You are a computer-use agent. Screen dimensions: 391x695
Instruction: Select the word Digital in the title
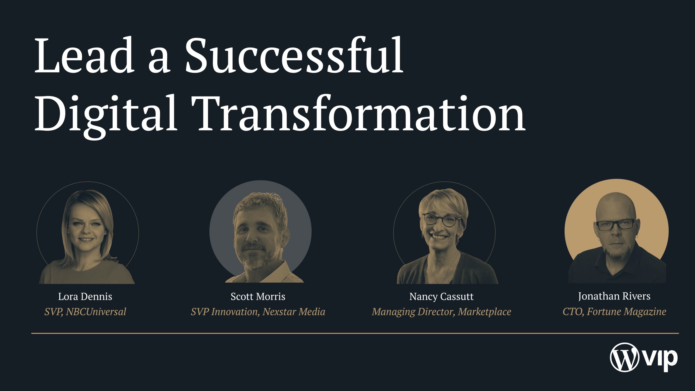tap(106, 114)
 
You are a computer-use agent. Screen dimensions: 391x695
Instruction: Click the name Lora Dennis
tap(85, 296)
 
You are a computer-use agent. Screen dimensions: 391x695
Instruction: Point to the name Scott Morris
tap(258, 296)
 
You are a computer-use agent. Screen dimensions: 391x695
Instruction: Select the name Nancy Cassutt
tap(441, 296)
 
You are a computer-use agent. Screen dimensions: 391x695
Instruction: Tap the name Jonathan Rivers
tap(614, 296)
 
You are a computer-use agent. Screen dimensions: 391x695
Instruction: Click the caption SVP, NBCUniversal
tap(85, 312)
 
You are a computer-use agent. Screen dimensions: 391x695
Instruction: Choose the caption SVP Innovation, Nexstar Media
tap(258, 312)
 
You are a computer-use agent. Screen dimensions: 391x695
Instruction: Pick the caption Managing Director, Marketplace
tap(441, 312)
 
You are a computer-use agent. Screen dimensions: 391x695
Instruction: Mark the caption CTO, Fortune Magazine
tap(614, 312)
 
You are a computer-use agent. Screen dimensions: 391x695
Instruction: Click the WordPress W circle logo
tap(624, 357)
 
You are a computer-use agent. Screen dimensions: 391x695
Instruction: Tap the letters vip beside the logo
tap(661, 359)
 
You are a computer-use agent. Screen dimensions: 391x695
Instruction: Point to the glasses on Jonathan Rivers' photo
tap(615, 225)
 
